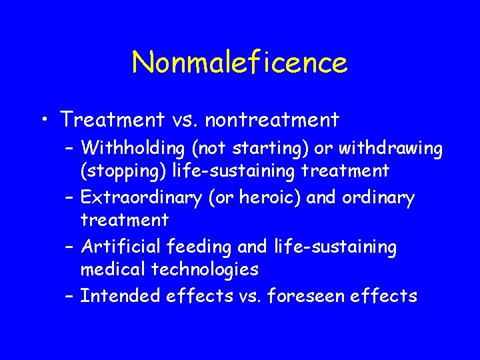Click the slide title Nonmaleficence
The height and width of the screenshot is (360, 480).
click(x=239, y=63)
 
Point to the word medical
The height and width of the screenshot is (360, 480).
click(x=110, y=269)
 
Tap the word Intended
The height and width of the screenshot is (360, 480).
click(x=118, y=295)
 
